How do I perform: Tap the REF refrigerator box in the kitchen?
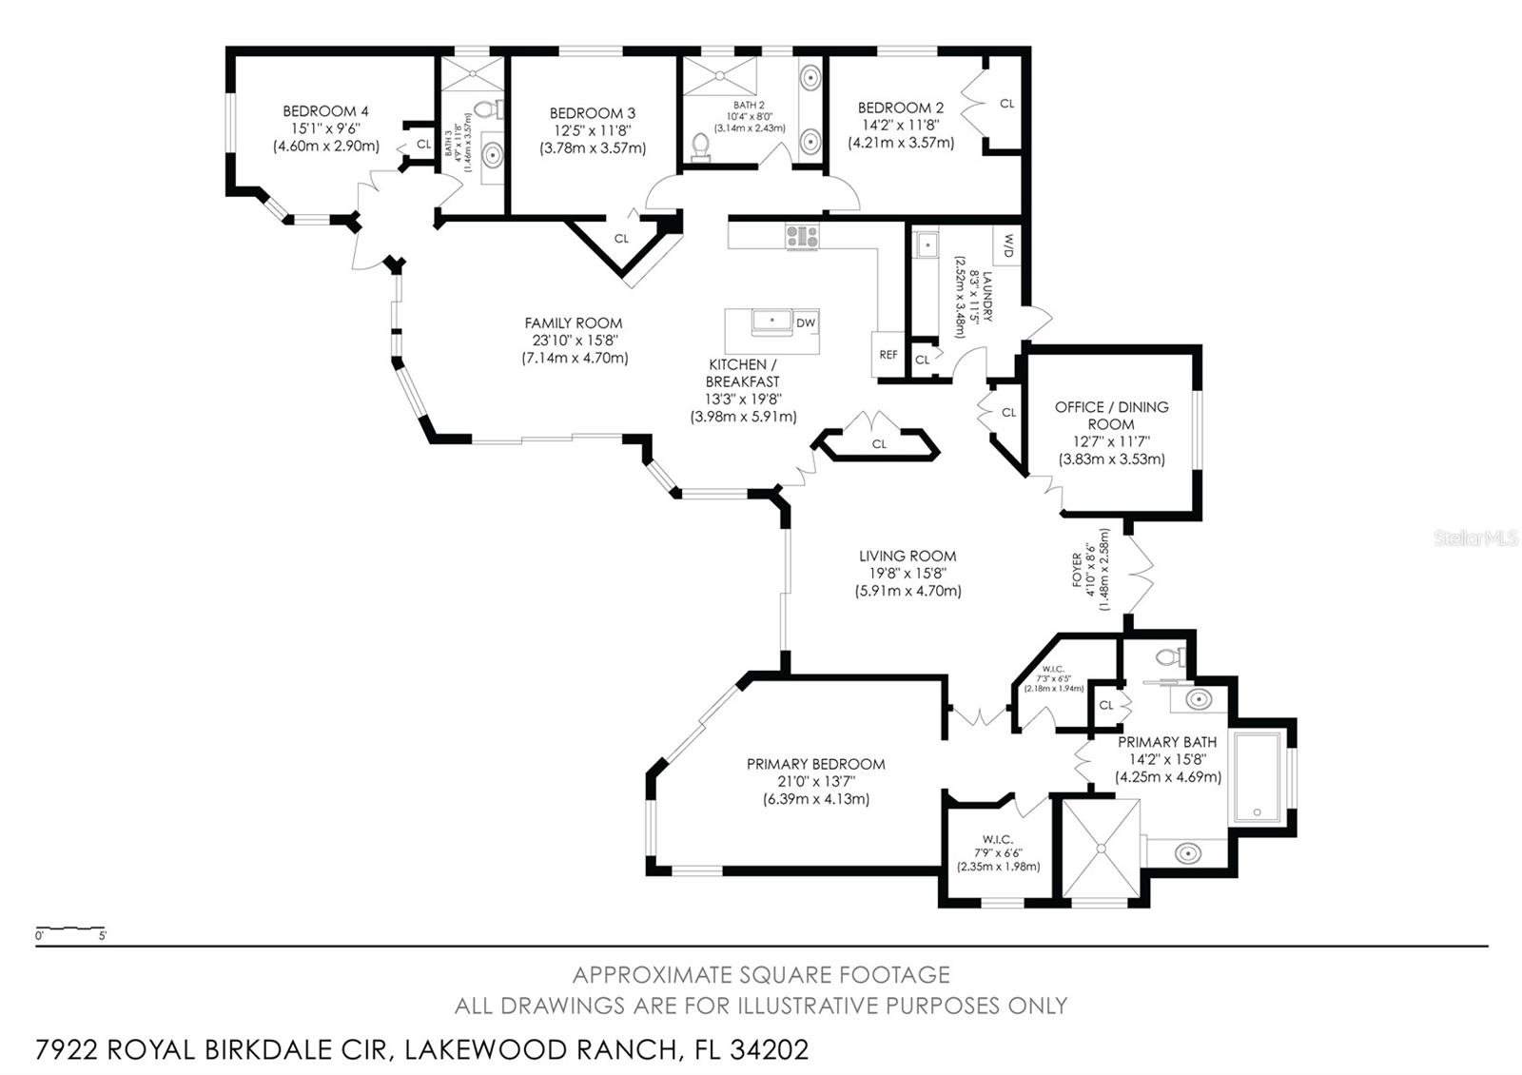[888, 355]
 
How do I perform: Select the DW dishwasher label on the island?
[806, 322]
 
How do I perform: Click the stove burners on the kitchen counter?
[802, 236]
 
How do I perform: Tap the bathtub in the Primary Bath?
[1257, 777]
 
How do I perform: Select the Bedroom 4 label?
[325, 111]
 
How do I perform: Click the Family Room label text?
[574, 323]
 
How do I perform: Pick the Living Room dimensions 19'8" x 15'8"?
[907, 574]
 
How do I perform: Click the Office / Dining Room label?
[1111, 415]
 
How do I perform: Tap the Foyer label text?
[1078, 569]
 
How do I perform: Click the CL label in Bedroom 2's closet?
[1006, 104]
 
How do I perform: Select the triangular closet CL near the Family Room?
[621, 239]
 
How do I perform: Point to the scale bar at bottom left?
[70, 928]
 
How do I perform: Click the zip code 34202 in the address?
[769, 1049]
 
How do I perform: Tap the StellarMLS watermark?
[1477, 539]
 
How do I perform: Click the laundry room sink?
[926, 245]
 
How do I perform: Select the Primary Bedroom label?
[815, 764]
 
